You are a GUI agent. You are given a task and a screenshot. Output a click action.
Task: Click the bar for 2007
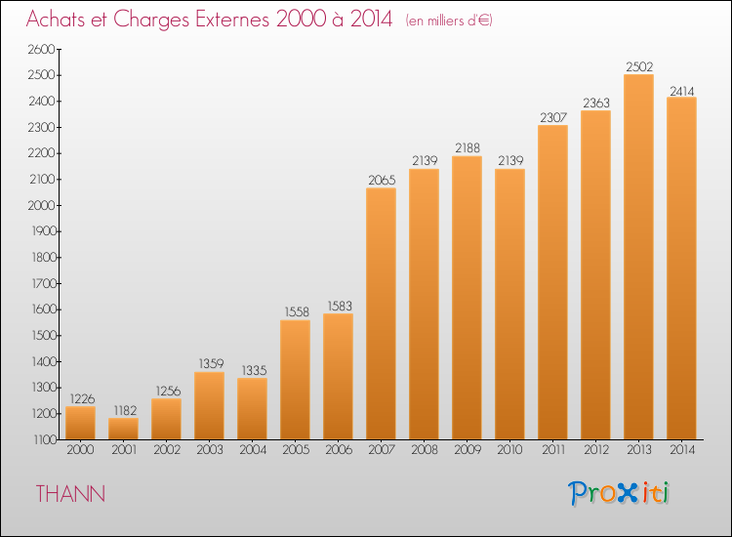382,313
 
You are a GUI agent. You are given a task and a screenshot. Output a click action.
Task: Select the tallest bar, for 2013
638,257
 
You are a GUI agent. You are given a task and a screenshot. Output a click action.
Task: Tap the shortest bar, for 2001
123,429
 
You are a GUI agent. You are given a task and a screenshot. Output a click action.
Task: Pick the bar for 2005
295,380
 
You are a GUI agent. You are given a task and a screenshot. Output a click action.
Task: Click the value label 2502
639,66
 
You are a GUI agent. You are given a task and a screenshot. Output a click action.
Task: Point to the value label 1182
125,410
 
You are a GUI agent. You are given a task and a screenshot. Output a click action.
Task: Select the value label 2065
382,180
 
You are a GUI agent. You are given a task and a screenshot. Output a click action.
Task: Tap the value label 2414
682,91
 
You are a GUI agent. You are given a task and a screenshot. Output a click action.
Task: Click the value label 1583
340,306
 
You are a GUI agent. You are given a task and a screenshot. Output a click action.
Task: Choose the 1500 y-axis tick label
43,336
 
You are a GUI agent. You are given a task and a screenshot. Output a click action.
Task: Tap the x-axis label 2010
509,450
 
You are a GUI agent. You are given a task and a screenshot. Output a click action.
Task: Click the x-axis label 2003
210,450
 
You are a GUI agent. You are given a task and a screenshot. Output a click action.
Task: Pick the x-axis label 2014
682,450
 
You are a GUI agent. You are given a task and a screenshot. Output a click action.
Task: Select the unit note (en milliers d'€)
449,21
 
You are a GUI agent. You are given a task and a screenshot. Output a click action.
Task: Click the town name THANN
70,494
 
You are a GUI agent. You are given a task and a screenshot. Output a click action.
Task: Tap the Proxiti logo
619,493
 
